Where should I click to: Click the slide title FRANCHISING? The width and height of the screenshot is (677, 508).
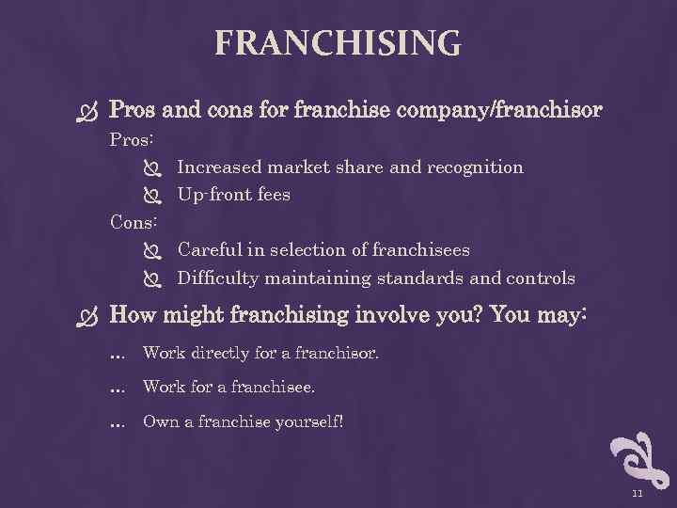tap(338, 43)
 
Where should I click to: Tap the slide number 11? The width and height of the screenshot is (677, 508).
tap(637, 493)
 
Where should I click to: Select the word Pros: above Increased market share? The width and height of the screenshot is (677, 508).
tap(133, 139)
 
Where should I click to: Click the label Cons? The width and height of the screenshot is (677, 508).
tap(134, 222)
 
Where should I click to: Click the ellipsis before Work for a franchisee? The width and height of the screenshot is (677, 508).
tap(118, 389)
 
